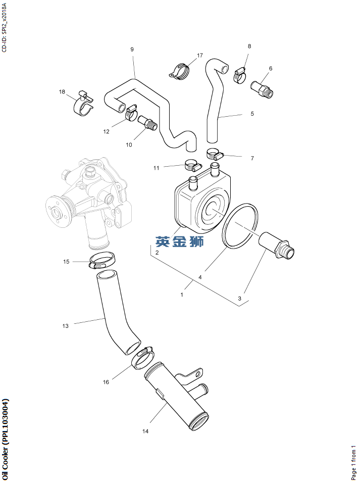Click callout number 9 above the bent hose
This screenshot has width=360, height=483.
[x=132, y=50]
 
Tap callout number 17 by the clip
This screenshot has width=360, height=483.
[x=200, y=56]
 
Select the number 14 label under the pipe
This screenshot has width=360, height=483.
[x=145, y=431]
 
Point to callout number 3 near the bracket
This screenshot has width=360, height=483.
[x=240, y=298]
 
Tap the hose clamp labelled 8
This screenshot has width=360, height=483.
[x=240, y=75]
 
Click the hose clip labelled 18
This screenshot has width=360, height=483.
[x=83, y=104]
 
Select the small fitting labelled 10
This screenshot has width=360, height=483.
[x=148, y=122]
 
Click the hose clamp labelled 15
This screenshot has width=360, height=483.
[x=102, y=260]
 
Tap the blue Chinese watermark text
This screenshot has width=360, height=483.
[x=180, y=242]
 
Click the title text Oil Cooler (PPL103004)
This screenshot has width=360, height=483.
[x=5, y=440]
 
